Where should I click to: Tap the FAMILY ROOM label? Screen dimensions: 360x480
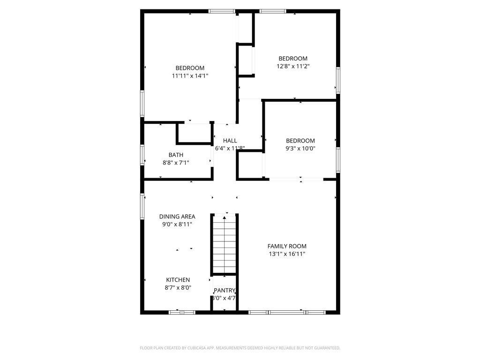coord(287,246)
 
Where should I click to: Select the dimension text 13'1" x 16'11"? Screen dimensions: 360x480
coord(287,254)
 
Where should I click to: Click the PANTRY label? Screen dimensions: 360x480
coord(224,291)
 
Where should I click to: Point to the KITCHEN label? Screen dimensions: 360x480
coord(178,280)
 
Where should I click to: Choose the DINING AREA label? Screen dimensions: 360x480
coord(177,217)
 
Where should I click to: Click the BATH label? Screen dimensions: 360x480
coord(176,155)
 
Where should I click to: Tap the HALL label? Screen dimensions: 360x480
coord(230,141)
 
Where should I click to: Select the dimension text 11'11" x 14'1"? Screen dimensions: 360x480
coord(190,75)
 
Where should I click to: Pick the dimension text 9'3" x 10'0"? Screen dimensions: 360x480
coord(300,149)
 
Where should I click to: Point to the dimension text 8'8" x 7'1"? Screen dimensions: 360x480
coord(176,163)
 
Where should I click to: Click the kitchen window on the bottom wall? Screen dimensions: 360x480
coord(182,312)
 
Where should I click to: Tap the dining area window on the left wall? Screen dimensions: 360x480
coord(142,206)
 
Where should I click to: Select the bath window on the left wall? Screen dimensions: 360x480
coord(142,155)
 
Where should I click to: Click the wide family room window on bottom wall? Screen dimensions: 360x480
coord(286,312)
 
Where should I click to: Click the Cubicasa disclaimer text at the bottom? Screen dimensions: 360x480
coord(240,348)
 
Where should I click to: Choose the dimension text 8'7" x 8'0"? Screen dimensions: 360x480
coord(178,288)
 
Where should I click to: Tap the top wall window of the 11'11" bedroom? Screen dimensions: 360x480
coord(222,11)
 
